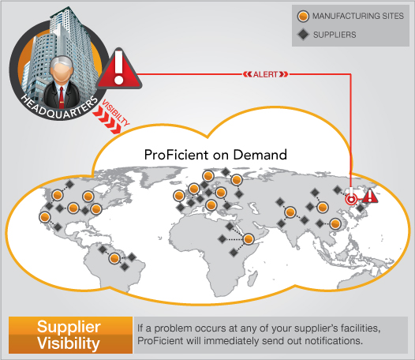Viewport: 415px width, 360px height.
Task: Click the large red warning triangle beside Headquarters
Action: tap(119, 70)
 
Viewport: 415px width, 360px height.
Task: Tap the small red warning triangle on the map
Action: tap(370, 197)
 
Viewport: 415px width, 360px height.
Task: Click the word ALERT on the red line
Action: tap(265, 74)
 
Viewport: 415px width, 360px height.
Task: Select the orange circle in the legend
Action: tap(303, 16)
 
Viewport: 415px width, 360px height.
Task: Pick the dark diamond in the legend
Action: tap(303, 35)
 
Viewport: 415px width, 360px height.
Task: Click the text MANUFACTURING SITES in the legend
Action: tap(358, 16)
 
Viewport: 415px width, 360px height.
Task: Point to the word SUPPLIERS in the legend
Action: tap(335, 35)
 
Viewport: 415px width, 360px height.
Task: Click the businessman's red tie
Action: tap(62, 97)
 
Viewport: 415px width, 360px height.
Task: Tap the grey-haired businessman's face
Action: tap(62, 73)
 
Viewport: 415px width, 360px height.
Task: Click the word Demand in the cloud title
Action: tap(260, 155)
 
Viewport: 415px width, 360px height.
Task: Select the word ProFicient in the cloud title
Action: tap(176, 155)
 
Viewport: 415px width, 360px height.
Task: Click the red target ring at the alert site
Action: tap(351, 199)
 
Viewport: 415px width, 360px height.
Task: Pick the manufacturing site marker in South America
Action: tap(114, 258)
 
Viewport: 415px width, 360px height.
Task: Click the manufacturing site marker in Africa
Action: tap(249, 239)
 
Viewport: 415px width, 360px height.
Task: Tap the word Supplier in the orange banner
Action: tap(69, 328)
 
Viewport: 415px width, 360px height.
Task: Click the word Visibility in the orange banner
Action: tap(69, 343)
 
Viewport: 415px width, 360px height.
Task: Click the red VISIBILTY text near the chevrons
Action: tap(116, 113)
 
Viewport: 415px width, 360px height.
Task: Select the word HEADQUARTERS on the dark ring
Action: tap(59, 108)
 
